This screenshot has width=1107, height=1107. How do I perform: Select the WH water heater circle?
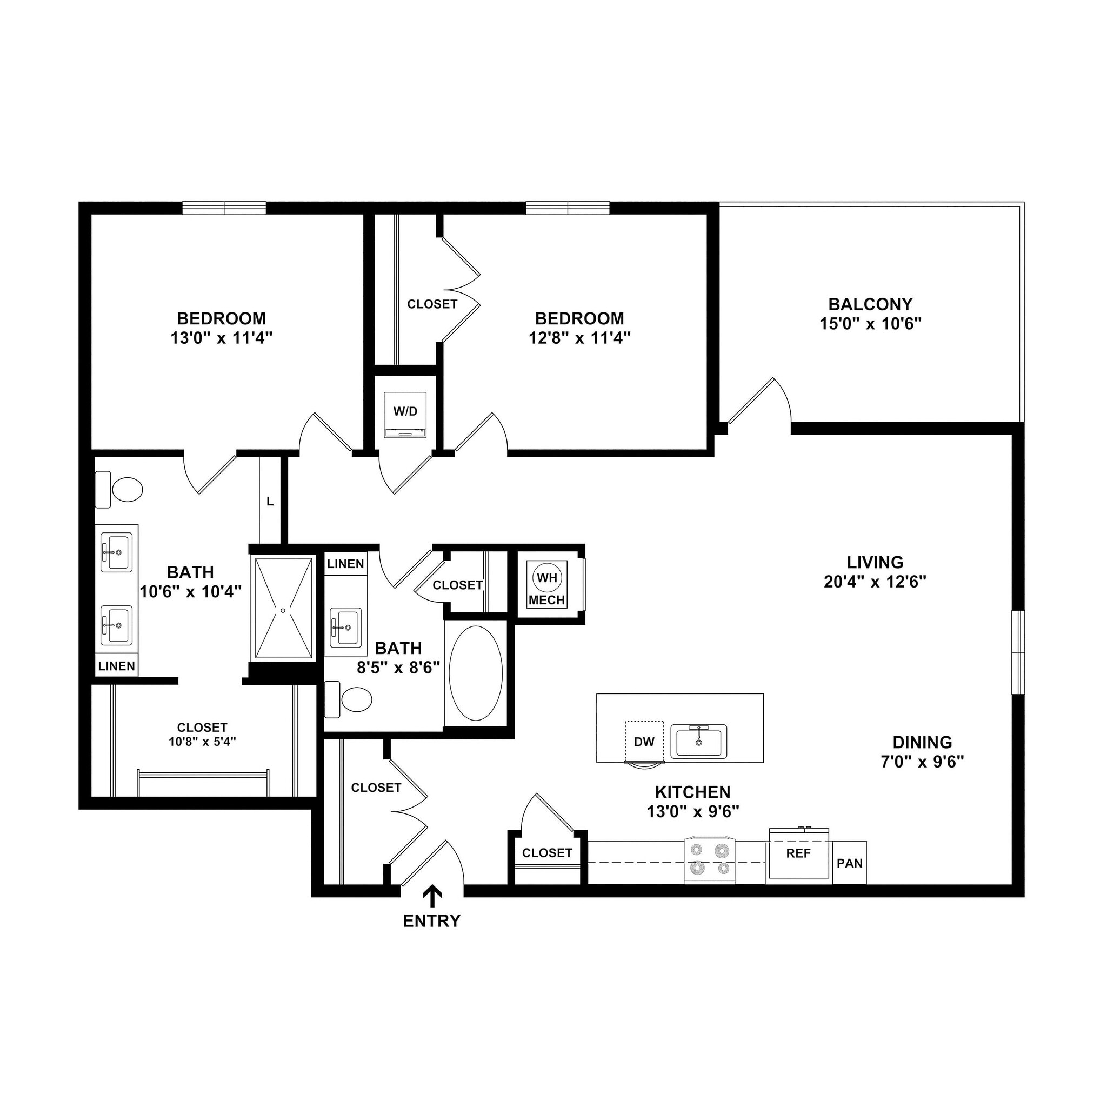click(x=546, y=578)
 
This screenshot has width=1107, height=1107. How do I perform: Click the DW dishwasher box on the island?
click(x=644, y=742)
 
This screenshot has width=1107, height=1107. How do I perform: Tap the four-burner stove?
click(x=710, y=861)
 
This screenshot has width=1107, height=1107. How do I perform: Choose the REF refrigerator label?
click(x=798, y=853)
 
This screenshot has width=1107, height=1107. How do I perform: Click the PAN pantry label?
click(x=849, y=863)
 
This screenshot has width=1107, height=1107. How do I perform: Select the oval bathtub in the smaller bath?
click(x=476, y=673)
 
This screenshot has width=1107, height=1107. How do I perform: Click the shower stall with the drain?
click(x=284, y=609)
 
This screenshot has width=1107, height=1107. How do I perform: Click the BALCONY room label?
click(x=870, y=304)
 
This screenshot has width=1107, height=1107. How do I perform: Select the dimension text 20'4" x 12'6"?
click(x=875, y=582)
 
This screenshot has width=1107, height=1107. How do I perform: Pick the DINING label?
click(x=922, y=742)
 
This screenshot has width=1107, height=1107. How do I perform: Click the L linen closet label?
click(x=270, y=502)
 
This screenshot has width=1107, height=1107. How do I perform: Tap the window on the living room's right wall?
click(x=1018, y=652)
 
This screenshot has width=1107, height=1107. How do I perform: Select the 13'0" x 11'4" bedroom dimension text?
click(x=221, y=338)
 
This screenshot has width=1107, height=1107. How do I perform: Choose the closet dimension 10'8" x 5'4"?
click(x=202, y=742)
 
